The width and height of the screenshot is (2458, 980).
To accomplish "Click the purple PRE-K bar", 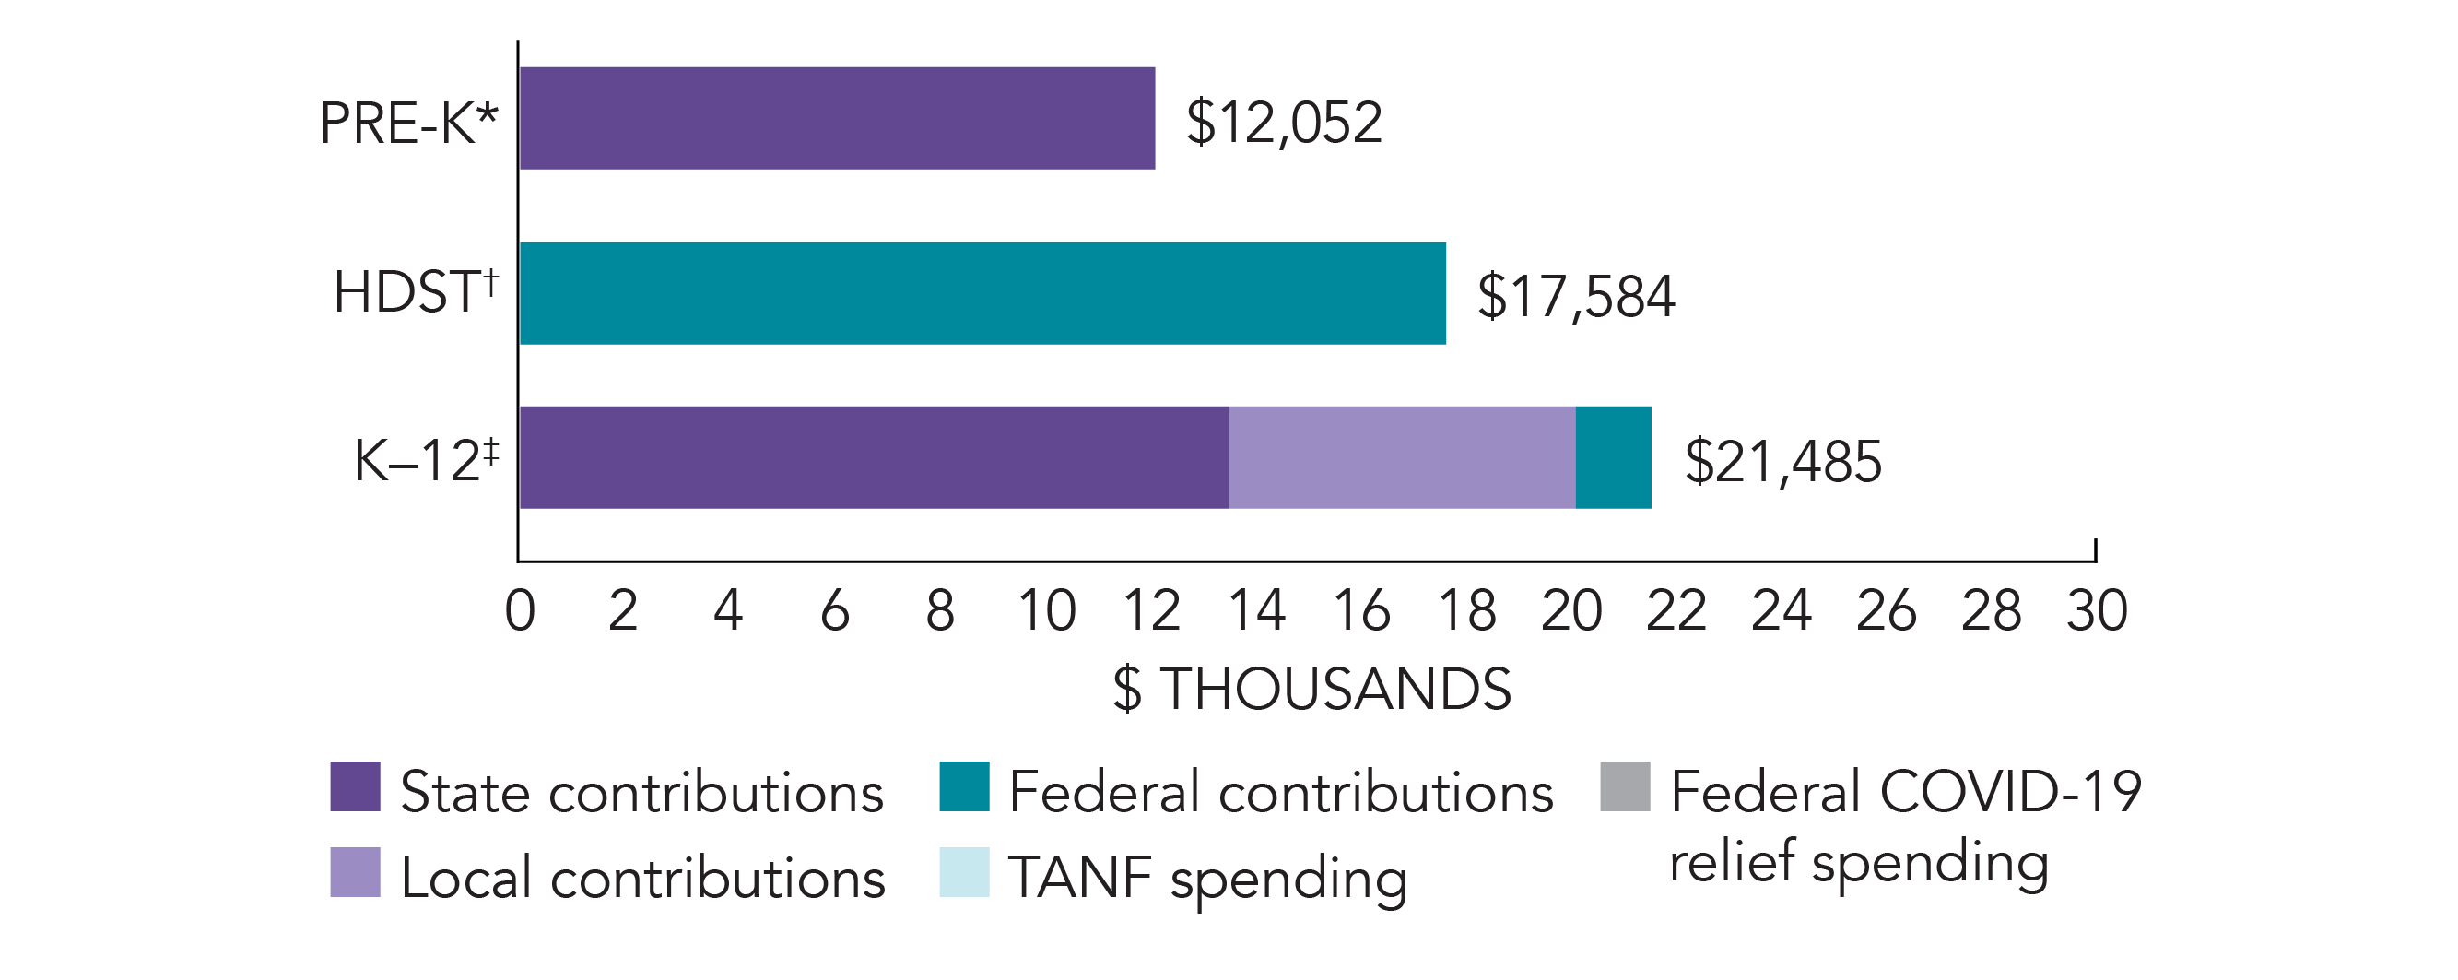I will tap(837, 118).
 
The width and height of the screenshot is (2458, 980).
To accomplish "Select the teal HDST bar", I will tap(982, 293).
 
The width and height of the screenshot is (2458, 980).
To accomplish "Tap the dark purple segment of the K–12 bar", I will tap(874, 457).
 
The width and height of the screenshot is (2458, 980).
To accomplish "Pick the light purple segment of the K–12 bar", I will tap(1402, 457).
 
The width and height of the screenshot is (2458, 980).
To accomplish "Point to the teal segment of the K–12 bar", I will tap(1613, 457).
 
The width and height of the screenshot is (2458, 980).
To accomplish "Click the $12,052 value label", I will tap(1284, 122).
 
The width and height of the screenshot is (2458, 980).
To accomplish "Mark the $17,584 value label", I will tap(1575, 296).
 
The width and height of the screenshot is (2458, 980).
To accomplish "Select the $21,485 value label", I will tap(1782, 461).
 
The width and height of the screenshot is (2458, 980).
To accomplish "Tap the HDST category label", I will tap(415, 291).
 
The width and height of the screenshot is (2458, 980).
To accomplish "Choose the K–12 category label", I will tap(426, 460).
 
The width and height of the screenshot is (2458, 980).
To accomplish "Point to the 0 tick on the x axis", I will tap(520, 610).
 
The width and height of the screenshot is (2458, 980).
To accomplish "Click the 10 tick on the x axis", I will tap(1047, 610).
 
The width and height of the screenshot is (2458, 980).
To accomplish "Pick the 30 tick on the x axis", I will tap(2098, 610).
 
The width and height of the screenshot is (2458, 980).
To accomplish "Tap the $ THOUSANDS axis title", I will tap(1312, 689).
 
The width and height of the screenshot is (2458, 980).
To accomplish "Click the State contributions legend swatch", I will tap(355, 786).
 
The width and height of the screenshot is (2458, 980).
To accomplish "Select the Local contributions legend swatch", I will tap(355, 872).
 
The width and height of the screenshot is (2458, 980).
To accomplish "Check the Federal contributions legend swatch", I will tap(964, 786).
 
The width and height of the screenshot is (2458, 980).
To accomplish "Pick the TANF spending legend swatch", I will tap(964, 872).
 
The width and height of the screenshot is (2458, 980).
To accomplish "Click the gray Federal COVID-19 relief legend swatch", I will tap(1625, 786).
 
